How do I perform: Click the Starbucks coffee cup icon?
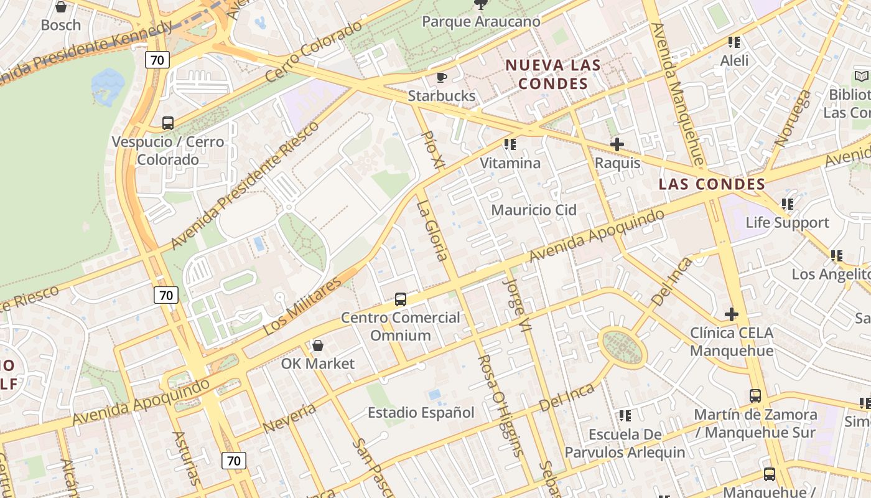442,78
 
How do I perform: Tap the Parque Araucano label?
481,22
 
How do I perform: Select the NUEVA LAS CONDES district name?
552,74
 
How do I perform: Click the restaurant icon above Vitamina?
510,145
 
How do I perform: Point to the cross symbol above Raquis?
617,145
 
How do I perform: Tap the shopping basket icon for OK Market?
318,345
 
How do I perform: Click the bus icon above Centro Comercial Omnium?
401,299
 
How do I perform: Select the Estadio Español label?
421,412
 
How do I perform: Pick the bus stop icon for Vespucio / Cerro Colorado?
168,123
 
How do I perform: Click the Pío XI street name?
433,150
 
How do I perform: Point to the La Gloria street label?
432,230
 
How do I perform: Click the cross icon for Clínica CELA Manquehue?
732,314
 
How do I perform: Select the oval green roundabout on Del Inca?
622,348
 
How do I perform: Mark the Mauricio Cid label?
534,210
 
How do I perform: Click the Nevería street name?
289,418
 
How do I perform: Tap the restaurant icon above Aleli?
734,42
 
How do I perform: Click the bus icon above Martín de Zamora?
755,396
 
